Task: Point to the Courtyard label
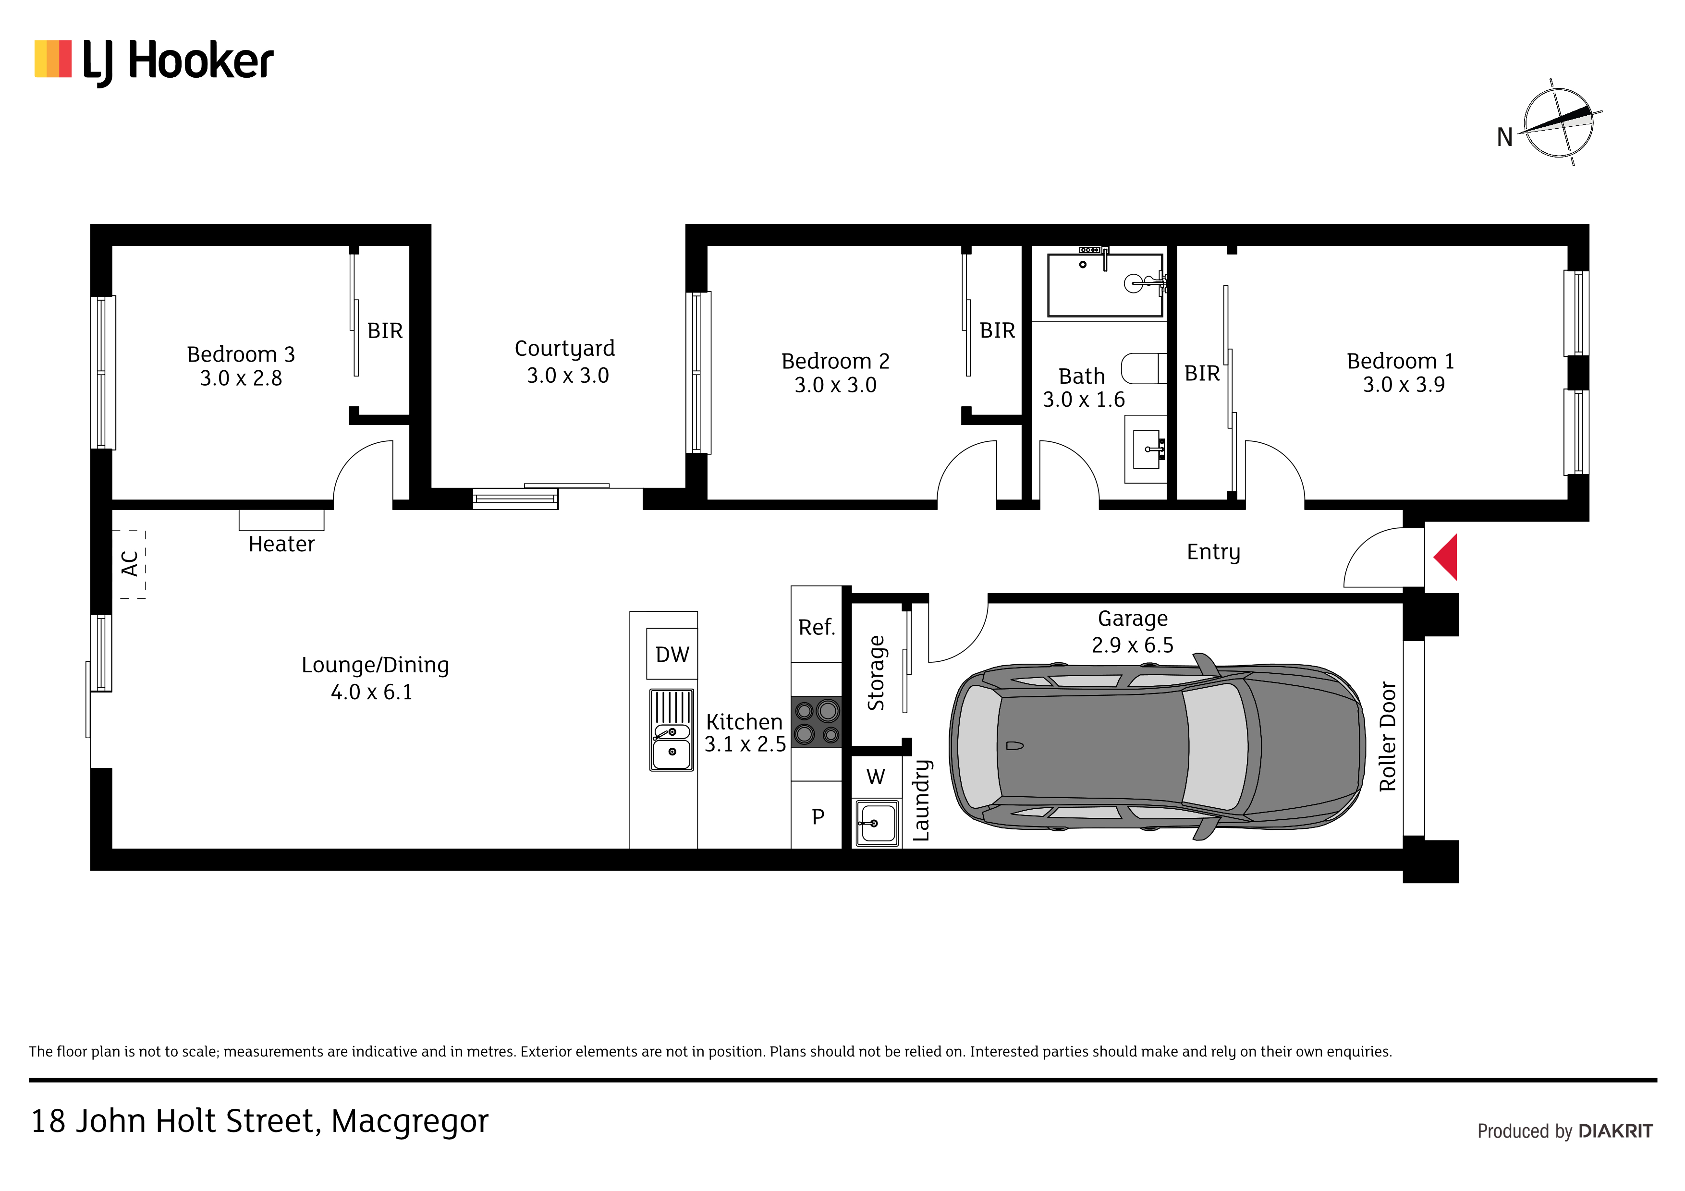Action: click(565, 361)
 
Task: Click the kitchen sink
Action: click(672, 730)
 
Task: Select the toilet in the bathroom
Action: click(1143, 368)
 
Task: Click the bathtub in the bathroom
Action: click(1105, 285)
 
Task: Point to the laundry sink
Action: click(877, 823)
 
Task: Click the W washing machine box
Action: click(876, 777)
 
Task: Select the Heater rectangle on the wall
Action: click(281, 520)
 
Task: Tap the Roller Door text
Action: click(1387, 737)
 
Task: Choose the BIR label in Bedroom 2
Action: click(997, 331)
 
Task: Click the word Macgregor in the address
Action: click(410, 1121)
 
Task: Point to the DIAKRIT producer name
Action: click(1615, 1131)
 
